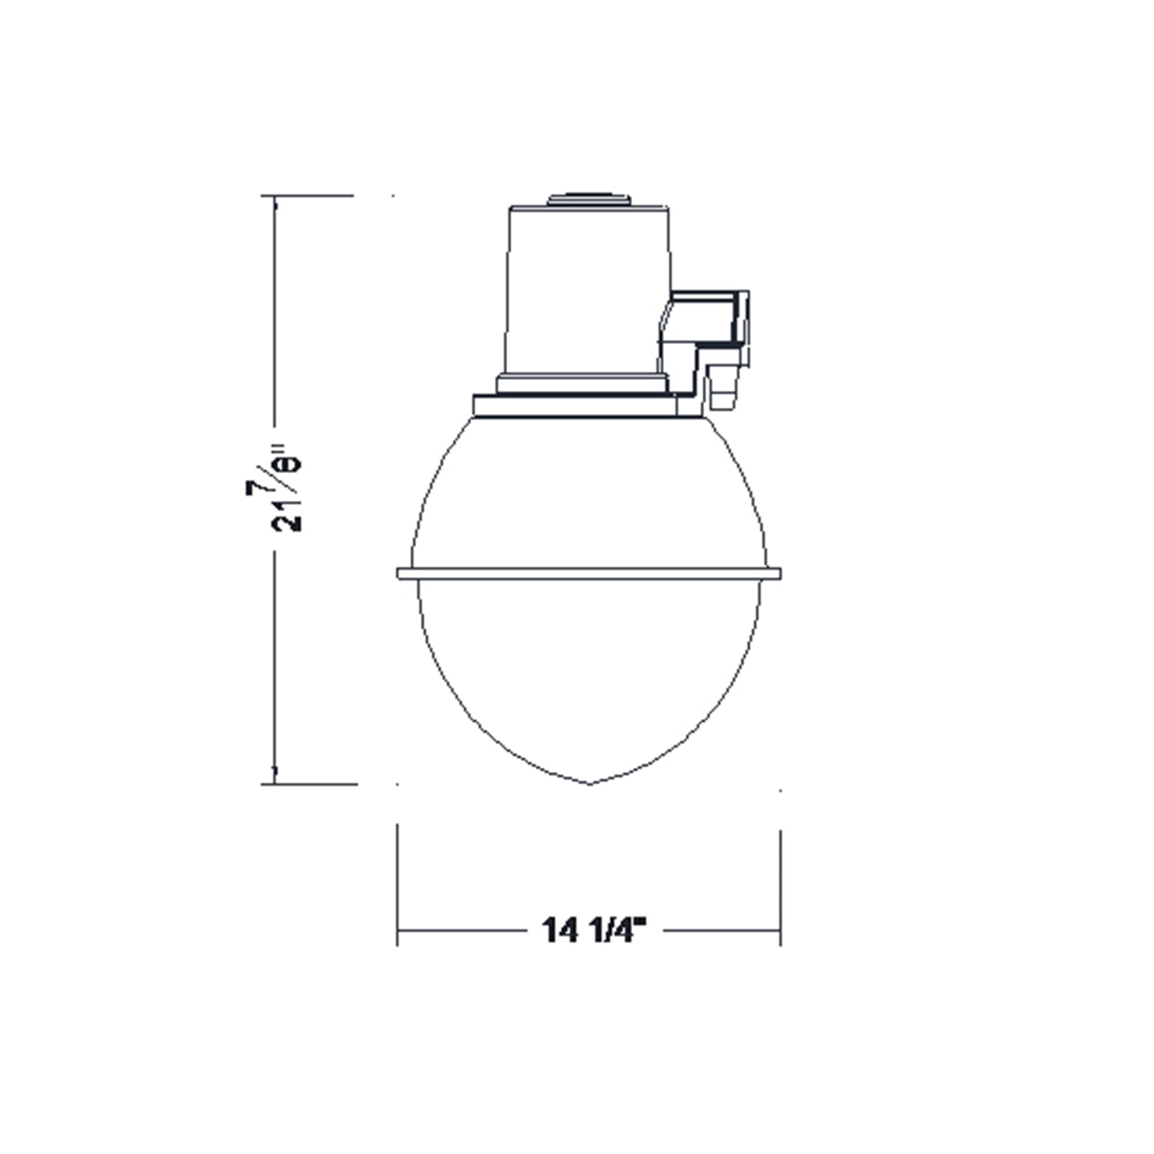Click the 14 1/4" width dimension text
tap(592, 929)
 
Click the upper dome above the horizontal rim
tap(589, 492)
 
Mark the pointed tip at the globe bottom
tap(589, 783)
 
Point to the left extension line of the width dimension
tap(397, 885)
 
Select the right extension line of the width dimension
tap(781, 885)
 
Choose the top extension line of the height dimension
tap(308, 196)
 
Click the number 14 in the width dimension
tap(560, 929)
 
